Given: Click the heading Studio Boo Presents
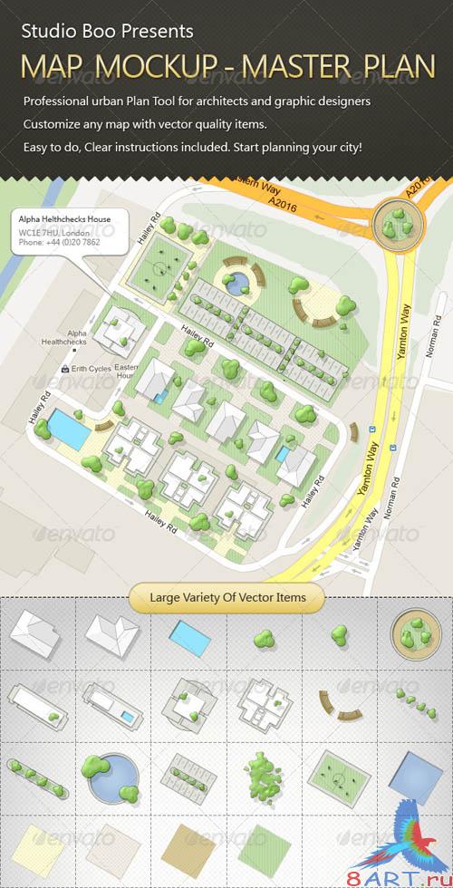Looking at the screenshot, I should [107, 31].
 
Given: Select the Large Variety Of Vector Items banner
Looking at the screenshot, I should [226, 597].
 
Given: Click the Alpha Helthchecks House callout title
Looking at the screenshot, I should [65, 220].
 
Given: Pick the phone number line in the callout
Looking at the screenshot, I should [60, 243].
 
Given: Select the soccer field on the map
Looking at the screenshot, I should [162, 267].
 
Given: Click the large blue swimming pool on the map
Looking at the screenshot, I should [68, 429].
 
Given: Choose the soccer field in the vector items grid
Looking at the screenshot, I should [339, 777].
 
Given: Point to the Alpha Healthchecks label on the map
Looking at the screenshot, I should [66, 337].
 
